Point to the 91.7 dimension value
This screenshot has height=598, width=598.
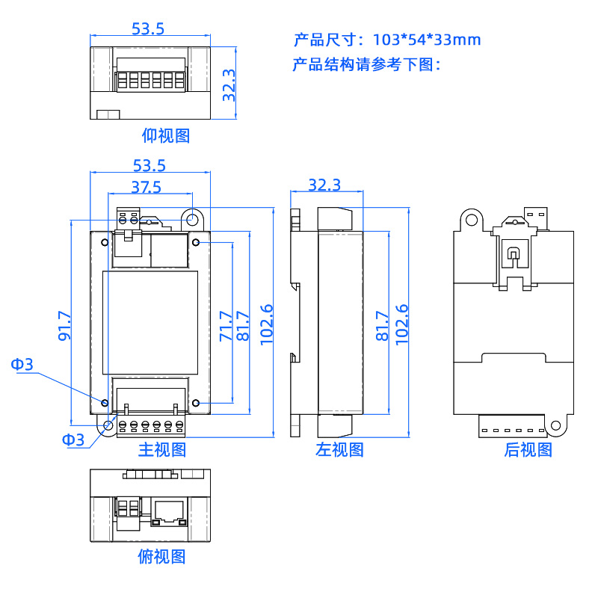coord(64,326)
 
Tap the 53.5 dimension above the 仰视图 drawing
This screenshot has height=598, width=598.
coord(148,28)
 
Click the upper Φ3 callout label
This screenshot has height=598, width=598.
coord(22,364)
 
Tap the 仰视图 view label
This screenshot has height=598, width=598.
coord(166,135)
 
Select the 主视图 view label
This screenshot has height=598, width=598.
coord(161,449)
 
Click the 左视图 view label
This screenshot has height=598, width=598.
coord(339,449)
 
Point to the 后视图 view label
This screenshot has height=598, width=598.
coord(528,449)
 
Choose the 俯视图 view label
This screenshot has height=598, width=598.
coord(161,556)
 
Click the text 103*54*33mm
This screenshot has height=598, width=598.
coord(426,40)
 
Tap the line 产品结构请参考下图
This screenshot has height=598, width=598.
coord(367,64)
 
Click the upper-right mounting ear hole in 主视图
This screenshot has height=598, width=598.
coord(192,220)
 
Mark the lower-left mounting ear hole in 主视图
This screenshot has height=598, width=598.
coord(108,426)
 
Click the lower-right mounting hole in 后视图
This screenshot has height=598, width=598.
coord(555,425)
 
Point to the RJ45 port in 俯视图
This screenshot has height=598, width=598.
coord(169,511)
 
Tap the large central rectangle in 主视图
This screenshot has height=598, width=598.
coord(149,323)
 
